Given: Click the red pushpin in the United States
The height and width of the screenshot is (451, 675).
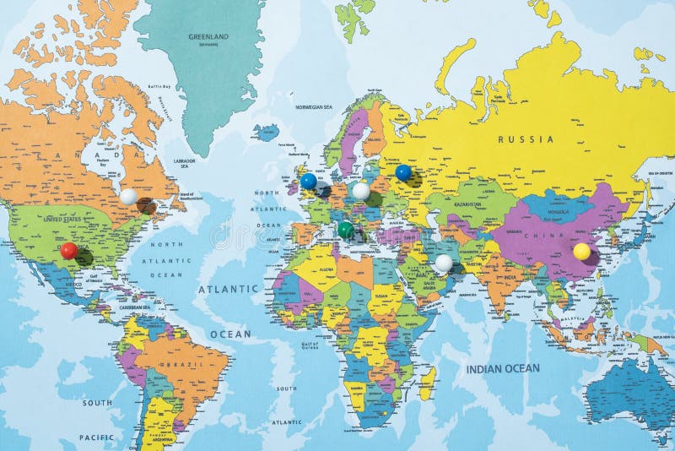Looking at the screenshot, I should pyautogui.click(x=69, y=250).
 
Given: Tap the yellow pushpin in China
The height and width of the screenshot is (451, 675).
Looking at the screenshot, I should pyautogui.click(x=581, y=251).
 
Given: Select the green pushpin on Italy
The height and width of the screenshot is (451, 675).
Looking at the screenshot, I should pyautogui.click(x=346, y=229).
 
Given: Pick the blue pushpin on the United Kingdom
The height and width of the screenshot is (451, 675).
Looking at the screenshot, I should pyautogui.click(x=309, y=181).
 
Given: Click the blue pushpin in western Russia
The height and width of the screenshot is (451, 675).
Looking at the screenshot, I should pyautogui.click(x=403, y=172).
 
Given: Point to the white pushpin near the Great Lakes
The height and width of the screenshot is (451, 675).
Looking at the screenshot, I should pyautogui.click(x=128, y=197).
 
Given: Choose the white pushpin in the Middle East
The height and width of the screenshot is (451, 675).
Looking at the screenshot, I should pyautogui.click(x=444, y=263).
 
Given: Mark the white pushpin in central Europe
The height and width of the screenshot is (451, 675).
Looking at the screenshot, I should pyautogui.click(x=361, y=192).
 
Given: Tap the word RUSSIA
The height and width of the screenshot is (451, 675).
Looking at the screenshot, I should pyautogui.click(x=526, y=139).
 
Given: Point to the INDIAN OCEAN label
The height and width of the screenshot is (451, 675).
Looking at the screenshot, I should pyautogui.click(x=503, y=368).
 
